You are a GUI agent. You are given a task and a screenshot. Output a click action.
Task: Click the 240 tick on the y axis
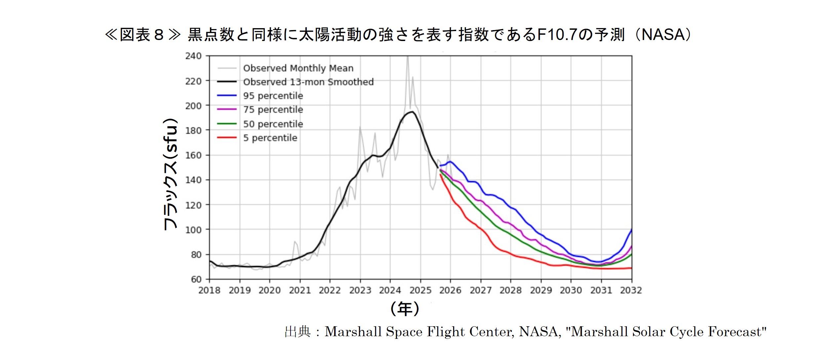pyautogui.click(x=193, y=56)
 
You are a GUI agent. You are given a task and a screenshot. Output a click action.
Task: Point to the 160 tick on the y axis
pyautogui.click(x=193, y=155)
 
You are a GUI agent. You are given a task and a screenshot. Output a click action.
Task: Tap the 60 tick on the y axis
pyautogui.click(x=196, y=279)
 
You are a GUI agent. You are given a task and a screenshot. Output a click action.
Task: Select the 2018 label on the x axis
pyautogui.click(x=209, y=290)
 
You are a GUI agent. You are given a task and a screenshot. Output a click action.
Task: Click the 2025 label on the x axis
pyautogui.click(x=420, y=290)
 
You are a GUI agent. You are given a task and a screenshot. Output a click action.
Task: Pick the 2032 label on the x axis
pyautogui.click(x=631, y=290)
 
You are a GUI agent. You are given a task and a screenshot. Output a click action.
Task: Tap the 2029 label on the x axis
pyautogui.click(x=541, y=290)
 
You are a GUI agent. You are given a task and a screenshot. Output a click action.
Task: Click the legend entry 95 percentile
pyautogui.click(x=273, y=96)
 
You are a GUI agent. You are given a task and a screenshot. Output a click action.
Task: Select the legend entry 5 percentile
pyautogui.click(x=270, y=138)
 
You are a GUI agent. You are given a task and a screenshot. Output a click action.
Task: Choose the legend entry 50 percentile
pyautogui.click(x=273, y=124)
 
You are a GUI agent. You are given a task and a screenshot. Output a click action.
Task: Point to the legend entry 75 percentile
pyautogui.click(x=273, y=109)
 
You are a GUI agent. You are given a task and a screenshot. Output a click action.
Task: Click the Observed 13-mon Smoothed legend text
pyautogui.click(x=308, y=82)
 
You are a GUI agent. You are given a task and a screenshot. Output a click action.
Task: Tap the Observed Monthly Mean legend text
pyautogui.click(x=298, y=68)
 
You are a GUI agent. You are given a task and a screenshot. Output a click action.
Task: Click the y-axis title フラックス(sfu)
pyautogui.click(x=171, y=174)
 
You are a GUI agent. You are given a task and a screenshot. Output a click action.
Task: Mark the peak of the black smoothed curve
pyautogui.click(x=412, y=112)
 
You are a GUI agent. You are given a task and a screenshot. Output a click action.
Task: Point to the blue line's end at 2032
pyautogui.click(x=631, y=230)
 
